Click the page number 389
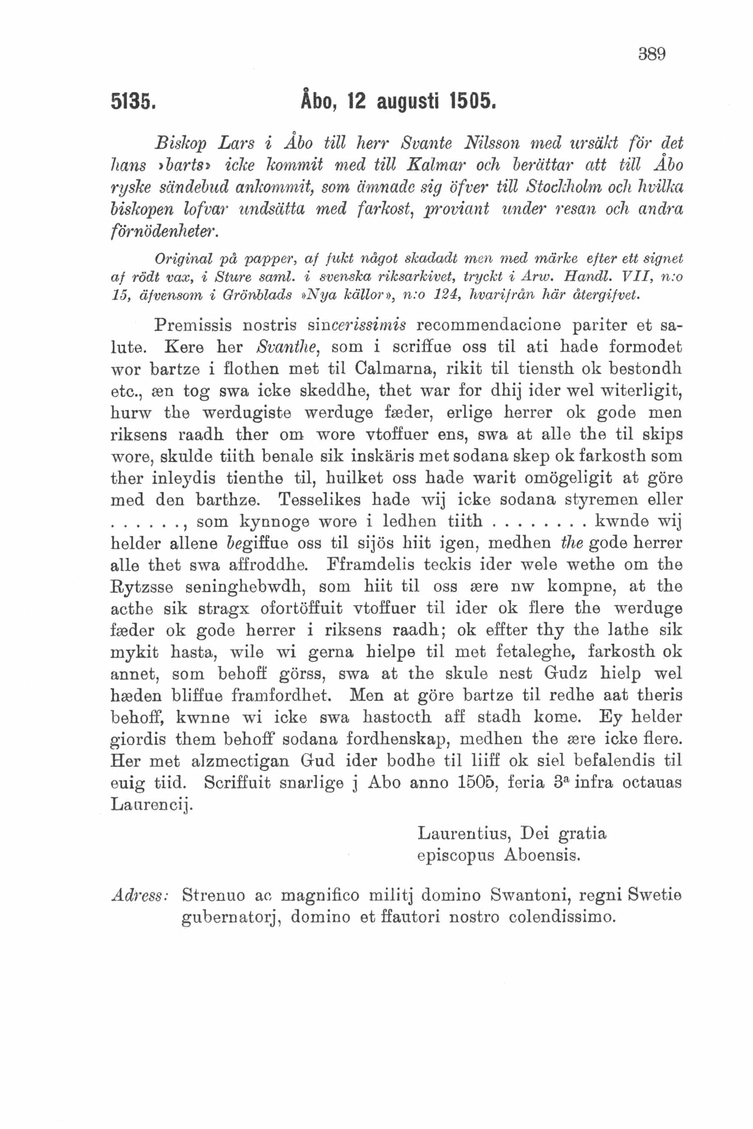652,54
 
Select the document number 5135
133,102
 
